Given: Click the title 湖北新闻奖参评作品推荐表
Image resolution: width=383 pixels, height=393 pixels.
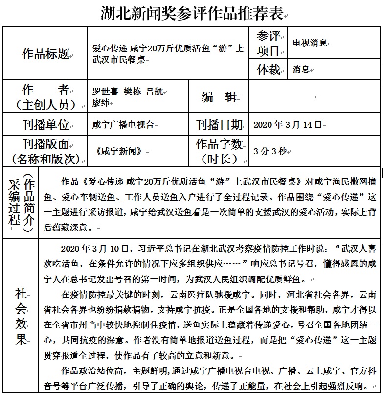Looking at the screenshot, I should tap(192, 13).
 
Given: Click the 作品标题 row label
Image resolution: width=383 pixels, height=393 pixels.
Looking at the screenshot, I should tap(45, 54).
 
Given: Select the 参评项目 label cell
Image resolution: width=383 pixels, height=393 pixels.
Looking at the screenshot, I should tap(268, 43).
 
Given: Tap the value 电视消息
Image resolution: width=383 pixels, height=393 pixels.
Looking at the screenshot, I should tap(310, 43).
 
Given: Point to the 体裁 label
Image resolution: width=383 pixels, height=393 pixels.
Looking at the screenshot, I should tap(269, 69).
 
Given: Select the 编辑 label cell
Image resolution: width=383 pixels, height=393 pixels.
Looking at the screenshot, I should tap(219, 97).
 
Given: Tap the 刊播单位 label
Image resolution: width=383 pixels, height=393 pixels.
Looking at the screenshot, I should tap(45, 125).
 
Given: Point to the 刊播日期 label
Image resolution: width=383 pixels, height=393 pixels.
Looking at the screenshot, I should tap(219, 125).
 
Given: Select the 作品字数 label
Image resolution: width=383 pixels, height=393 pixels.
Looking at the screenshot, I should tap(219, 144).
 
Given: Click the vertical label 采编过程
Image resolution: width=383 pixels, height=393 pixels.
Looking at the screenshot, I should tap(14, 203).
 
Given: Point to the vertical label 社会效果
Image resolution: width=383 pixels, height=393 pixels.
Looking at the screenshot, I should tap(21, 316).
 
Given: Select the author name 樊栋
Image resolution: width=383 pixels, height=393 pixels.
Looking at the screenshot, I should tap(132, 91).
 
